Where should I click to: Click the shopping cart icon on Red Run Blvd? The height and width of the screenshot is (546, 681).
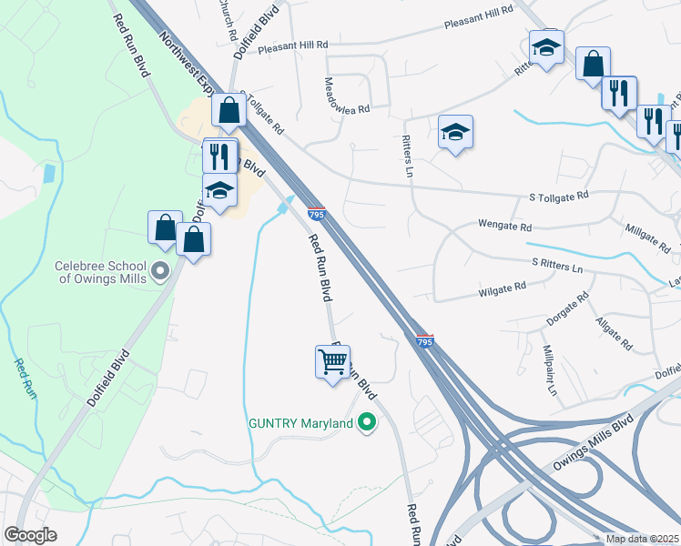pos(332,362)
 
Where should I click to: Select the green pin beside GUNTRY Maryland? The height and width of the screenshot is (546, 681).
pos(366,423)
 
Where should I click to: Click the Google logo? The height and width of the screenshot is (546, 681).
pos(30,535)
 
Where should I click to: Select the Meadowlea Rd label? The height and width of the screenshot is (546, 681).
pos(347,96)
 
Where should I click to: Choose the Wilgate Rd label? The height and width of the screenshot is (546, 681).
pos(503,288)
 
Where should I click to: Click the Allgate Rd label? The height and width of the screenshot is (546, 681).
pos(613,333)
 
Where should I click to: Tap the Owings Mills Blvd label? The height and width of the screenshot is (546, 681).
pos(592,449)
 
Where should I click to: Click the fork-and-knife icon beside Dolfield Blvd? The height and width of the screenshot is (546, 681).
pos(220,157)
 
